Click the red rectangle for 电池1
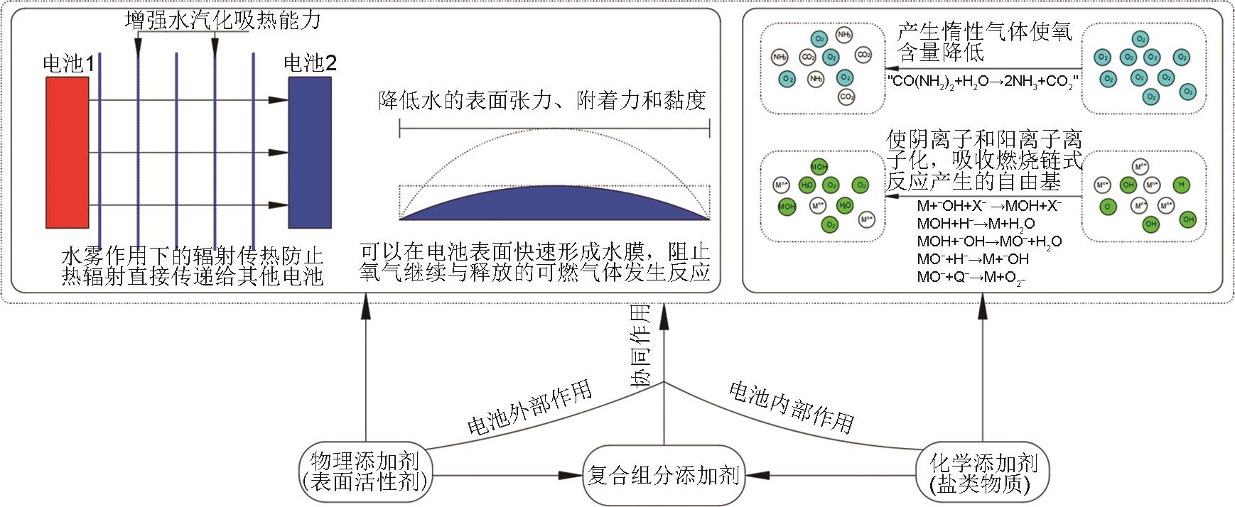[x=68, y=152]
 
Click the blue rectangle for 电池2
[x=310, y=152]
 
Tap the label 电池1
[x=69, y=65]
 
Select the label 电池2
[x=311, y=63]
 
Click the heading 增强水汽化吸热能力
[x=222, y=20]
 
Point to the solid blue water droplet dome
[x=554, y=203]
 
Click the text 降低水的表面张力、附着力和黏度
[x=542, y=102]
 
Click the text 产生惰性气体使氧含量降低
[x=983, y=41]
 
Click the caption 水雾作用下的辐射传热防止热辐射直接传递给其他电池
[x=193, y=265]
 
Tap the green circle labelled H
[x=1181, y=185]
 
